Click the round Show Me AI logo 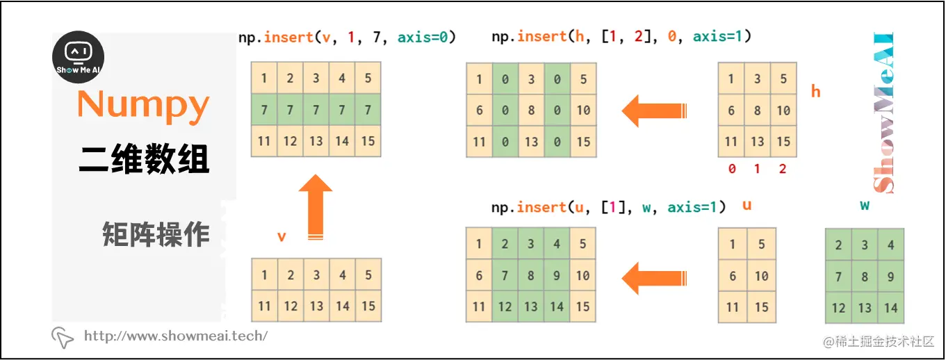click(79, 56)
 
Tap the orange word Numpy click(143, 105)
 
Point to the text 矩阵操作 click(156, 234)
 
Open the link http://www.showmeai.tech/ click(175, 336)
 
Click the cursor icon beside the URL click(63, 337)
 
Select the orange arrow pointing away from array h click(653, 111)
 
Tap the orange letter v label click(282, 236)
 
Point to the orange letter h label click(815, 91)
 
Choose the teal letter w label click(865, 206)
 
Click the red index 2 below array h click(783, 169)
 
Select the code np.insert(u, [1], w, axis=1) click(608, 207)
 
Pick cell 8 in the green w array click(865, 277)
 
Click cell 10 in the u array click(761, 276)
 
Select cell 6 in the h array click(731, 110)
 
